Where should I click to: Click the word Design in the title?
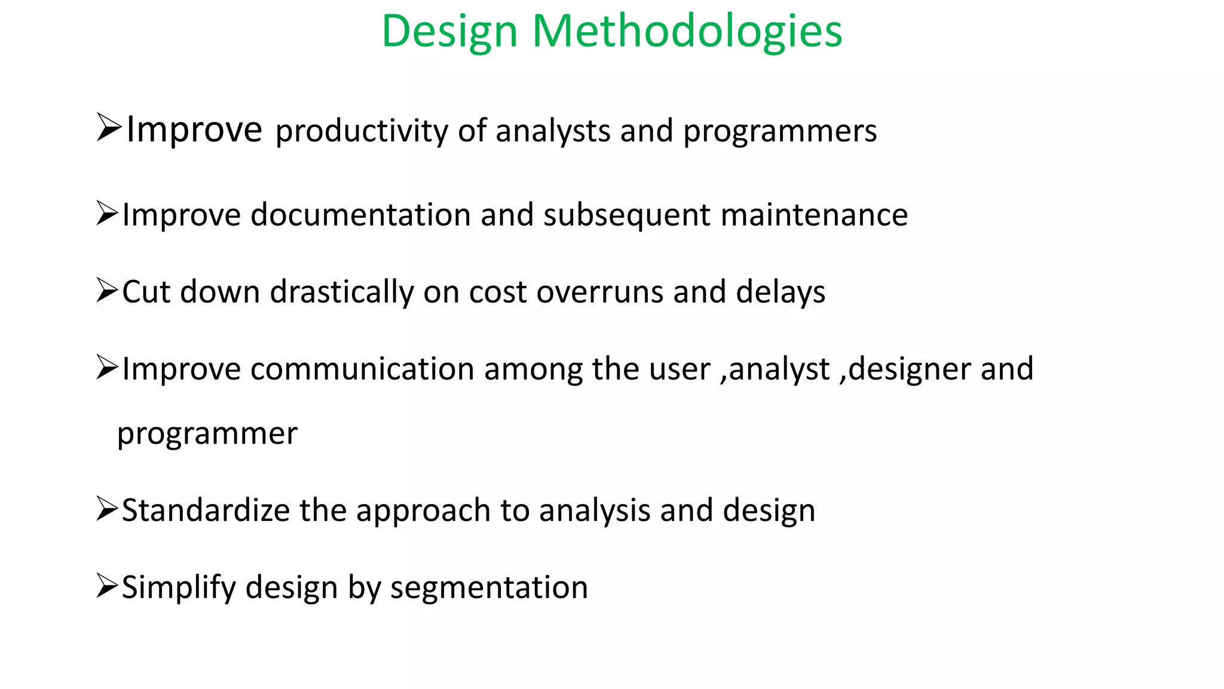coord(449,31)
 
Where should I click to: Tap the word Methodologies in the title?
coord(687,31)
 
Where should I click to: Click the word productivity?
coord(361,131)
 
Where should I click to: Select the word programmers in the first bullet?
coord(780,131)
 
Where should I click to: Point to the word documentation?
coord(360,215)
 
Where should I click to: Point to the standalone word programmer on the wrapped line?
coord(207,434)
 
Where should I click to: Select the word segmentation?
coord(489,587)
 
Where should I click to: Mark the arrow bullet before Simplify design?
coord(107,586)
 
